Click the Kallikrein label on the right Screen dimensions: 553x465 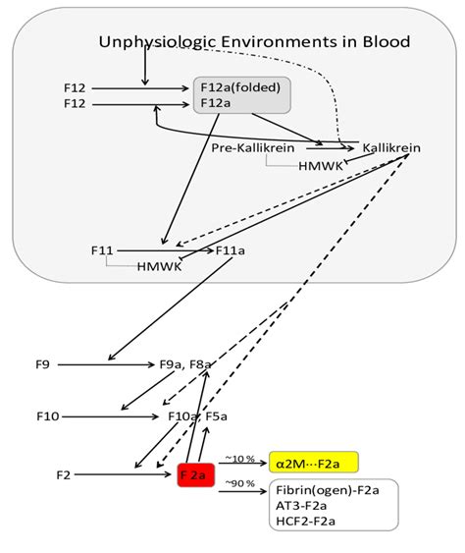coord(391,148)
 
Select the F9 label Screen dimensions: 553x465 coord(42,364)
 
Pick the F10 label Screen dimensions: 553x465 coord(47,416)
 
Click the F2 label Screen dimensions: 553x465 coord(64,475)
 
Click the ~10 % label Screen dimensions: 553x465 coord(240,457)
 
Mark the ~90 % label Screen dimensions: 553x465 coord(240,482)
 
